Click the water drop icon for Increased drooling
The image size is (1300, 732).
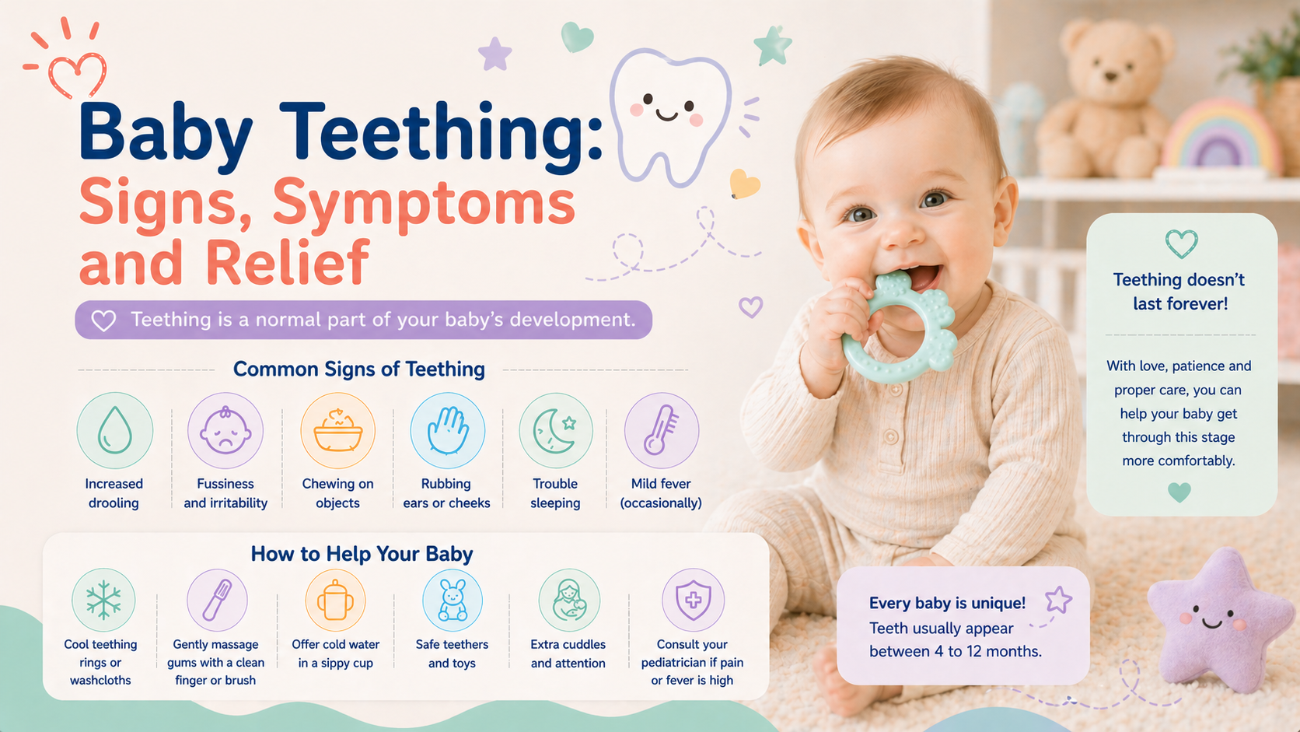(114, 430)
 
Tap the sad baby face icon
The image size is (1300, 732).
(225, 430)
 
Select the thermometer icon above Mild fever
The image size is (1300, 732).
(661, 430)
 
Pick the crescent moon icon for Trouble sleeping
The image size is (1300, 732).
(555, 430)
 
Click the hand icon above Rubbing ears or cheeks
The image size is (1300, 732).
(447, 430)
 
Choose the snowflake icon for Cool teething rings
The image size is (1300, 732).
(103, 600)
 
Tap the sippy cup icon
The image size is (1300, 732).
(335, 601)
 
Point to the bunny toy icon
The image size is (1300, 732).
(452, 601)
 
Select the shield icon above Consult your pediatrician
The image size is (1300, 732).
(693, 600)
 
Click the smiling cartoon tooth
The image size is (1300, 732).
(670, 116)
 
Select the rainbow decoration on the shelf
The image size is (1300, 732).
(1220, 136)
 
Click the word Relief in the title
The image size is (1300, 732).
(288, 261)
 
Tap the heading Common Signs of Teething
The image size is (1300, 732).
(358, 370)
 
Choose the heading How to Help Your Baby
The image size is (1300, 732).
(362, 554)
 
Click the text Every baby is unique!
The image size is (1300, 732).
(947, 603)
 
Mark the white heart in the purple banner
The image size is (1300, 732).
(104, 320)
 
